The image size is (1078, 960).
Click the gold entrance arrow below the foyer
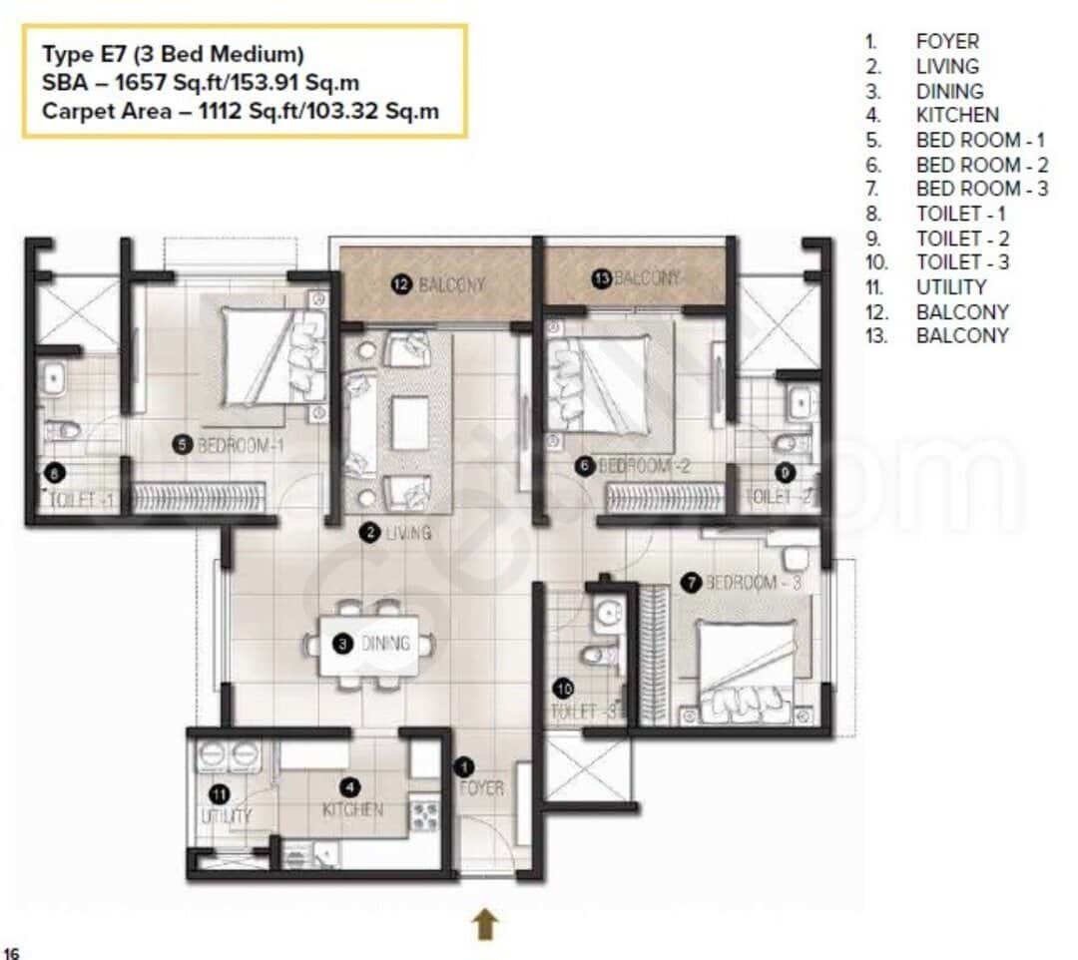click(485, 924)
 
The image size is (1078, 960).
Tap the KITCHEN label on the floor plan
click(352, 809)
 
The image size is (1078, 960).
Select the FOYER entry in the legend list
click(947, 41)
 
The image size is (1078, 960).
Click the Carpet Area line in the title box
click(241, 111)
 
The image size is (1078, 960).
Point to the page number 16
click(12, 952)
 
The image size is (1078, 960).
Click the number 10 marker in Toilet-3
click(564, 689)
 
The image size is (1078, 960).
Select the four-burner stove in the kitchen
click(424, 815)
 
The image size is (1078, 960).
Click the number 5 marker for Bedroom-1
click(182, 445)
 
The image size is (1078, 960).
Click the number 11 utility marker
click(220, 794)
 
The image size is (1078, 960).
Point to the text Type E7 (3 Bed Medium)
click(173, 53)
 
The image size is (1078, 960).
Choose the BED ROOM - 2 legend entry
click(981, 165)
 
